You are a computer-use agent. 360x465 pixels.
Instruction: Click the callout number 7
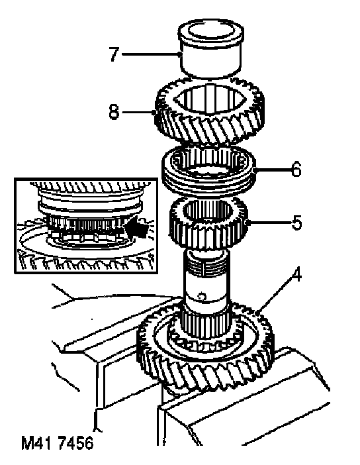114,54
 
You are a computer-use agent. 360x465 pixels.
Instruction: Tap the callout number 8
114,112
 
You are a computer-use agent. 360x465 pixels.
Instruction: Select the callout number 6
296,170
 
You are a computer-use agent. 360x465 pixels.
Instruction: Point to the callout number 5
296,223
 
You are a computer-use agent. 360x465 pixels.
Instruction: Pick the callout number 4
296,275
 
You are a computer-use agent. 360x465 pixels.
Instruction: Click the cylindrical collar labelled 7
211,51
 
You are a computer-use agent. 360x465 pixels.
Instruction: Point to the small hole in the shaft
202,297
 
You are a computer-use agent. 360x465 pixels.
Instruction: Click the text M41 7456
57,443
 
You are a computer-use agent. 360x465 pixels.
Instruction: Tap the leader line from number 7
151,54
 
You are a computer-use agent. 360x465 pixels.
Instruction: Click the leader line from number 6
272,170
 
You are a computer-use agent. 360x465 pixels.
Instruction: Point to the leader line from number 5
269,223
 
